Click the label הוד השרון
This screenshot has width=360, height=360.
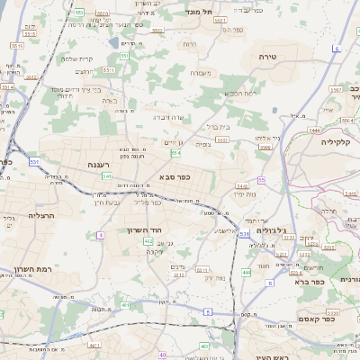coord(144,229)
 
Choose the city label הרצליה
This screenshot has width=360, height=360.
coord(42,216)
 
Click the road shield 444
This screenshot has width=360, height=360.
coord(247,271)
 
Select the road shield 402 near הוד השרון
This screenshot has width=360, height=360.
coord(148,241)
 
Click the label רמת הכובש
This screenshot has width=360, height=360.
coord(240,93)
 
